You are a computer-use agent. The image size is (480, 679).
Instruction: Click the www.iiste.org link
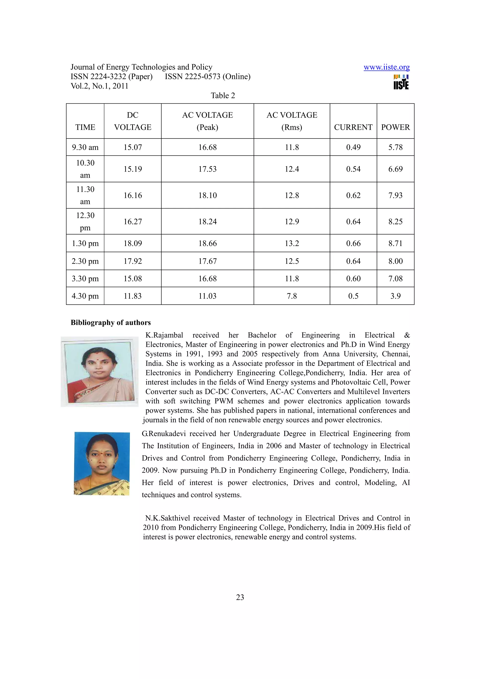coord(386,67)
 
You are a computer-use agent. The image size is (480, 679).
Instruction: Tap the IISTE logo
coord(401,82)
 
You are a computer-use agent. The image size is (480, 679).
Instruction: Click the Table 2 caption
coord(222,96)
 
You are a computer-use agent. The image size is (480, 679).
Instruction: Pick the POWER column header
coord(395,127)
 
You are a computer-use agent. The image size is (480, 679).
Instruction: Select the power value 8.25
coord(395,221)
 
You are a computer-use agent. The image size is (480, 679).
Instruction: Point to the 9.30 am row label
coord(85,147)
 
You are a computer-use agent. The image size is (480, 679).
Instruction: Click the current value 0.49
coord(353,147)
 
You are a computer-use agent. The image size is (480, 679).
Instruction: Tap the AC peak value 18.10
coord(207,195)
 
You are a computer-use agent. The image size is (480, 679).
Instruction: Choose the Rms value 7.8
coord(292,296)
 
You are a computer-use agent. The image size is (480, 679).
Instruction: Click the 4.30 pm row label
coord(85,296)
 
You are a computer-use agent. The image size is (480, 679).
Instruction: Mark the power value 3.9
coord(395,296)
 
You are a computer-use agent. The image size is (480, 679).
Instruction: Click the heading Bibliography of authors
coord(111,322)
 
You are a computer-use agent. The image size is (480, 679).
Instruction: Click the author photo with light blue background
coord(100,372)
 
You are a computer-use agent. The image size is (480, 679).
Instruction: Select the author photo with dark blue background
coord(102,463)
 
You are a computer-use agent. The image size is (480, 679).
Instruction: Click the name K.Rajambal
coord(164,335)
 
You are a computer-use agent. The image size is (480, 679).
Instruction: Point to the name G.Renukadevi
coord(164,433)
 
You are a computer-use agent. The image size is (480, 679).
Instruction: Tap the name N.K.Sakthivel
coord(167,518)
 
